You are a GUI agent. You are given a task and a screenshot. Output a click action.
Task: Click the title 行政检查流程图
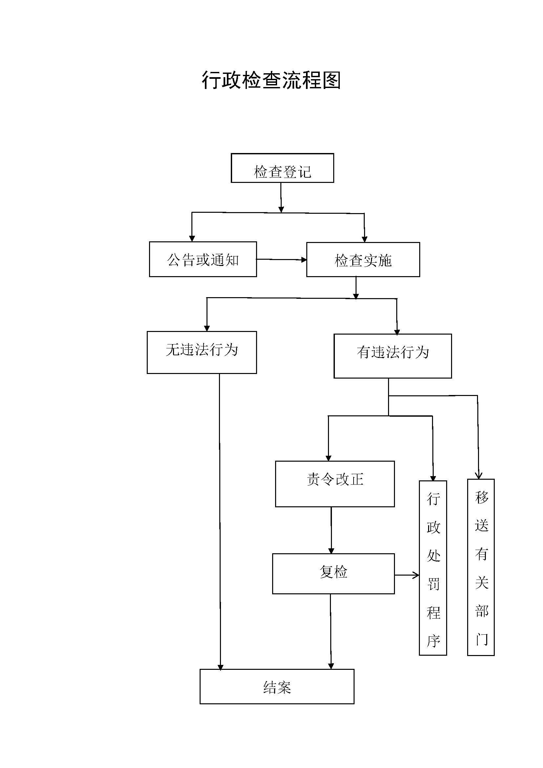[x=271, y=80]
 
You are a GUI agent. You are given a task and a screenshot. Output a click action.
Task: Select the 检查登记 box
[x=282, y=168]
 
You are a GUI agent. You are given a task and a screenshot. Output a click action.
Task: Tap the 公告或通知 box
[x=203, y=259]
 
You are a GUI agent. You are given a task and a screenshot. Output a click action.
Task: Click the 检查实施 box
[x=363, y=260]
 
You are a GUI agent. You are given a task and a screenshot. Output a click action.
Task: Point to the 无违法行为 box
[x=202, y=352]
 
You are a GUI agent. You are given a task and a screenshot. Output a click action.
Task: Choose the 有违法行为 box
[x=393, y=356]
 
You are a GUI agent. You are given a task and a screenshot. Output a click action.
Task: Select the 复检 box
[x=333, y=574]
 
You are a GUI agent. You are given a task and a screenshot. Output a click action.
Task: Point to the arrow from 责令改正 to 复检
[x=331, y=530]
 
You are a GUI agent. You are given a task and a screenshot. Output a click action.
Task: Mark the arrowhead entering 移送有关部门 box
[x=478, y=475]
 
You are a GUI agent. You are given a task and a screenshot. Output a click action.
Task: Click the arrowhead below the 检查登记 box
[x=281, y=209]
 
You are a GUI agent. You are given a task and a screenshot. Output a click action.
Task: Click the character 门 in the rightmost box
[x=482, y=640]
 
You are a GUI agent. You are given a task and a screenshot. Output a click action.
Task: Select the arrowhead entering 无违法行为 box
[x=206, y=328]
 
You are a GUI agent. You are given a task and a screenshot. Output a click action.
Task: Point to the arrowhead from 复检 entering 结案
[x=331, y=666]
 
